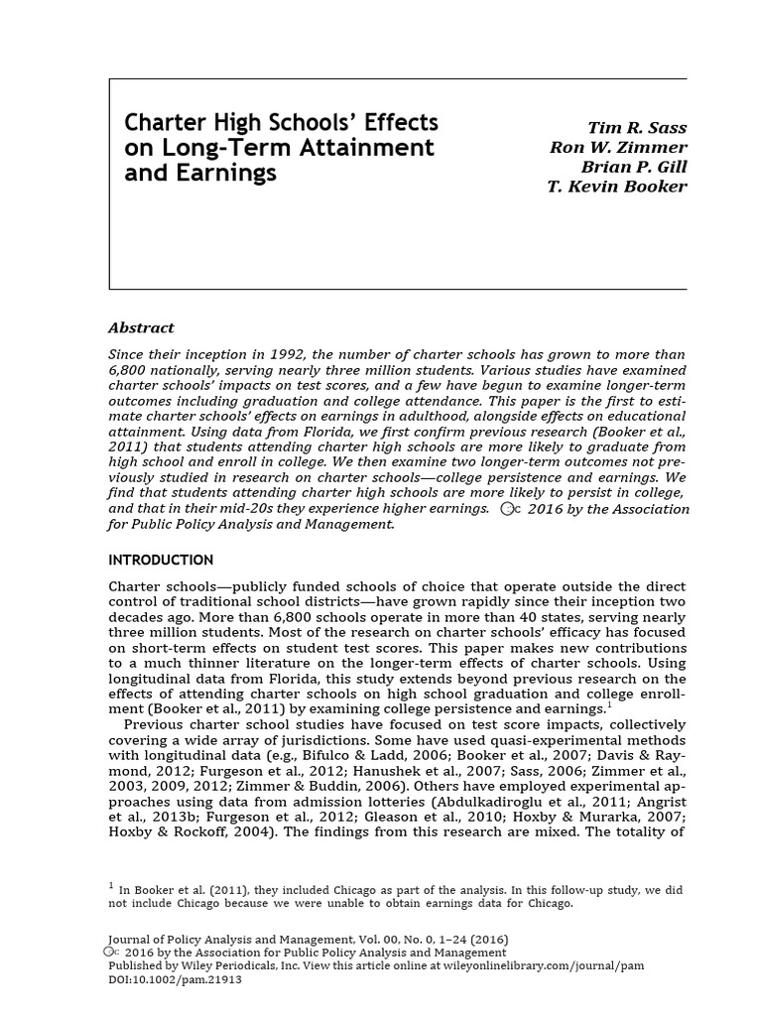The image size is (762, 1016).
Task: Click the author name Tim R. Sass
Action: pyautogui.click(x=637, y=129)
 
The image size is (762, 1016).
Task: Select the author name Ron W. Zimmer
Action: pyautogui.click(x=618, y=148)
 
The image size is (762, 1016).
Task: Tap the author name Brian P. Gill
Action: pyautogui.click(x=634, y=167)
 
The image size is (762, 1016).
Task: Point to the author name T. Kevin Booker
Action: pyautogui.click(x=616, y=186)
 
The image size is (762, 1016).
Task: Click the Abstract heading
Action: pyautogui.click(x=140, y=327)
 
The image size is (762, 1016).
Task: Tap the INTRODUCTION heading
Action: pyautogui.click(x=160, y=560)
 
